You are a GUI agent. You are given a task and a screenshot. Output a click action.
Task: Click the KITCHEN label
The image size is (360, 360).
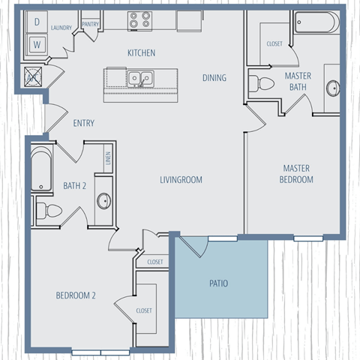coord(141,52)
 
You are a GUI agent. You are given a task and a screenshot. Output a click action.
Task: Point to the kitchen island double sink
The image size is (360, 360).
coord(139,77)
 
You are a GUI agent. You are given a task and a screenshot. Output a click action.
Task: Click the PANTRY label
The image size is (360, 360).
coord(91,24)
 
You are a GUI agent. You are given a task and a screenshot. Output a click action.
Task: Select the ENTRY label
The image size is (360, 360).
coord(83,123)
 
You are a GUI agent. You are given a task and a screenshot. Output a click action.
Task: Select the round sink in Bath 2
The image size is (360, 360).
coord(103,201)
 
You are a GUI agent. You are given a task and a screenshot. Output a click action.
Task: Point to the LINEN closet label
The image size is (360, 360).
coord(108,158)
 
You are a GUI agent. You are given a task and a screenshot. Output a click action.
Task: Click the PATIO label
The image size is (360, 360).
coord(218,283)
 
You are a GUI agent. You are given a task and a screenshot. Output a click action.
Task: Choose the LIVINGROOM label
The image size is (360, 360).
coord(181,179)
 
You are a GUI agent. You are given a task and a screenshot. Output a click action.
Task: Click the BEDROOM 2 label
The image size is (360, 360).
coord(76,295)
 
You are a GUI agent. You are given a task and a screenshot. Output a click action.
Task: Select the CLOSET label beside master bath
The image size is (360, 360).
coord(274,43)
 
